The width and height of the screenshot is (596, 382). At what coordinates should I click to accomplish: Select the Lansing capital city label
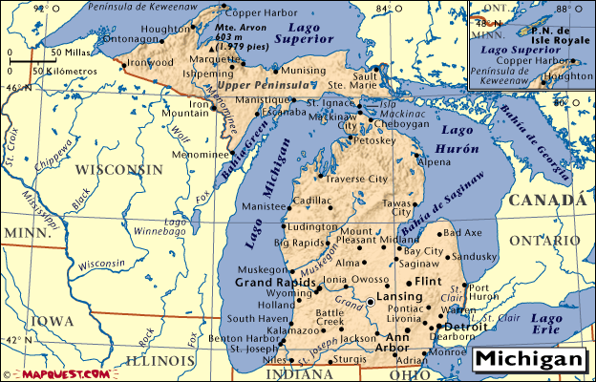click(x=399, y=297)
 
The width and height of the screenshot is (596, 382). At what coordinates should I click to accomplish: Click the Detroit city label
click(x=467, y=327)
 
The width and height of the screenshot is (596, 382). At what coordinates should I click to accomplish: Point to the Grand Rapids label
click(x=276, y=284)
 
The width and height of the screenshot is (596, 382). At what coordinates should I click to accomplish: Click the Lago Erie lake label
click(x=550, y=323)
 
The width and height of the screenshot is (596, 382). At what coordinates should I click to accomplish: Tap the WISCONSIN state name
click(x=118, y=169)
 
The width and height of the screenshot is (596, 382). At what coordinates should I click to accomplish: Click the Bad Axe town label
click(x=463, y=232)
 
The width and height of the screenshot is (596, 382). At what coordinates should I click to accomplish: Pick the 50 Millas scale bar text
click(x=65, y=52)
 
